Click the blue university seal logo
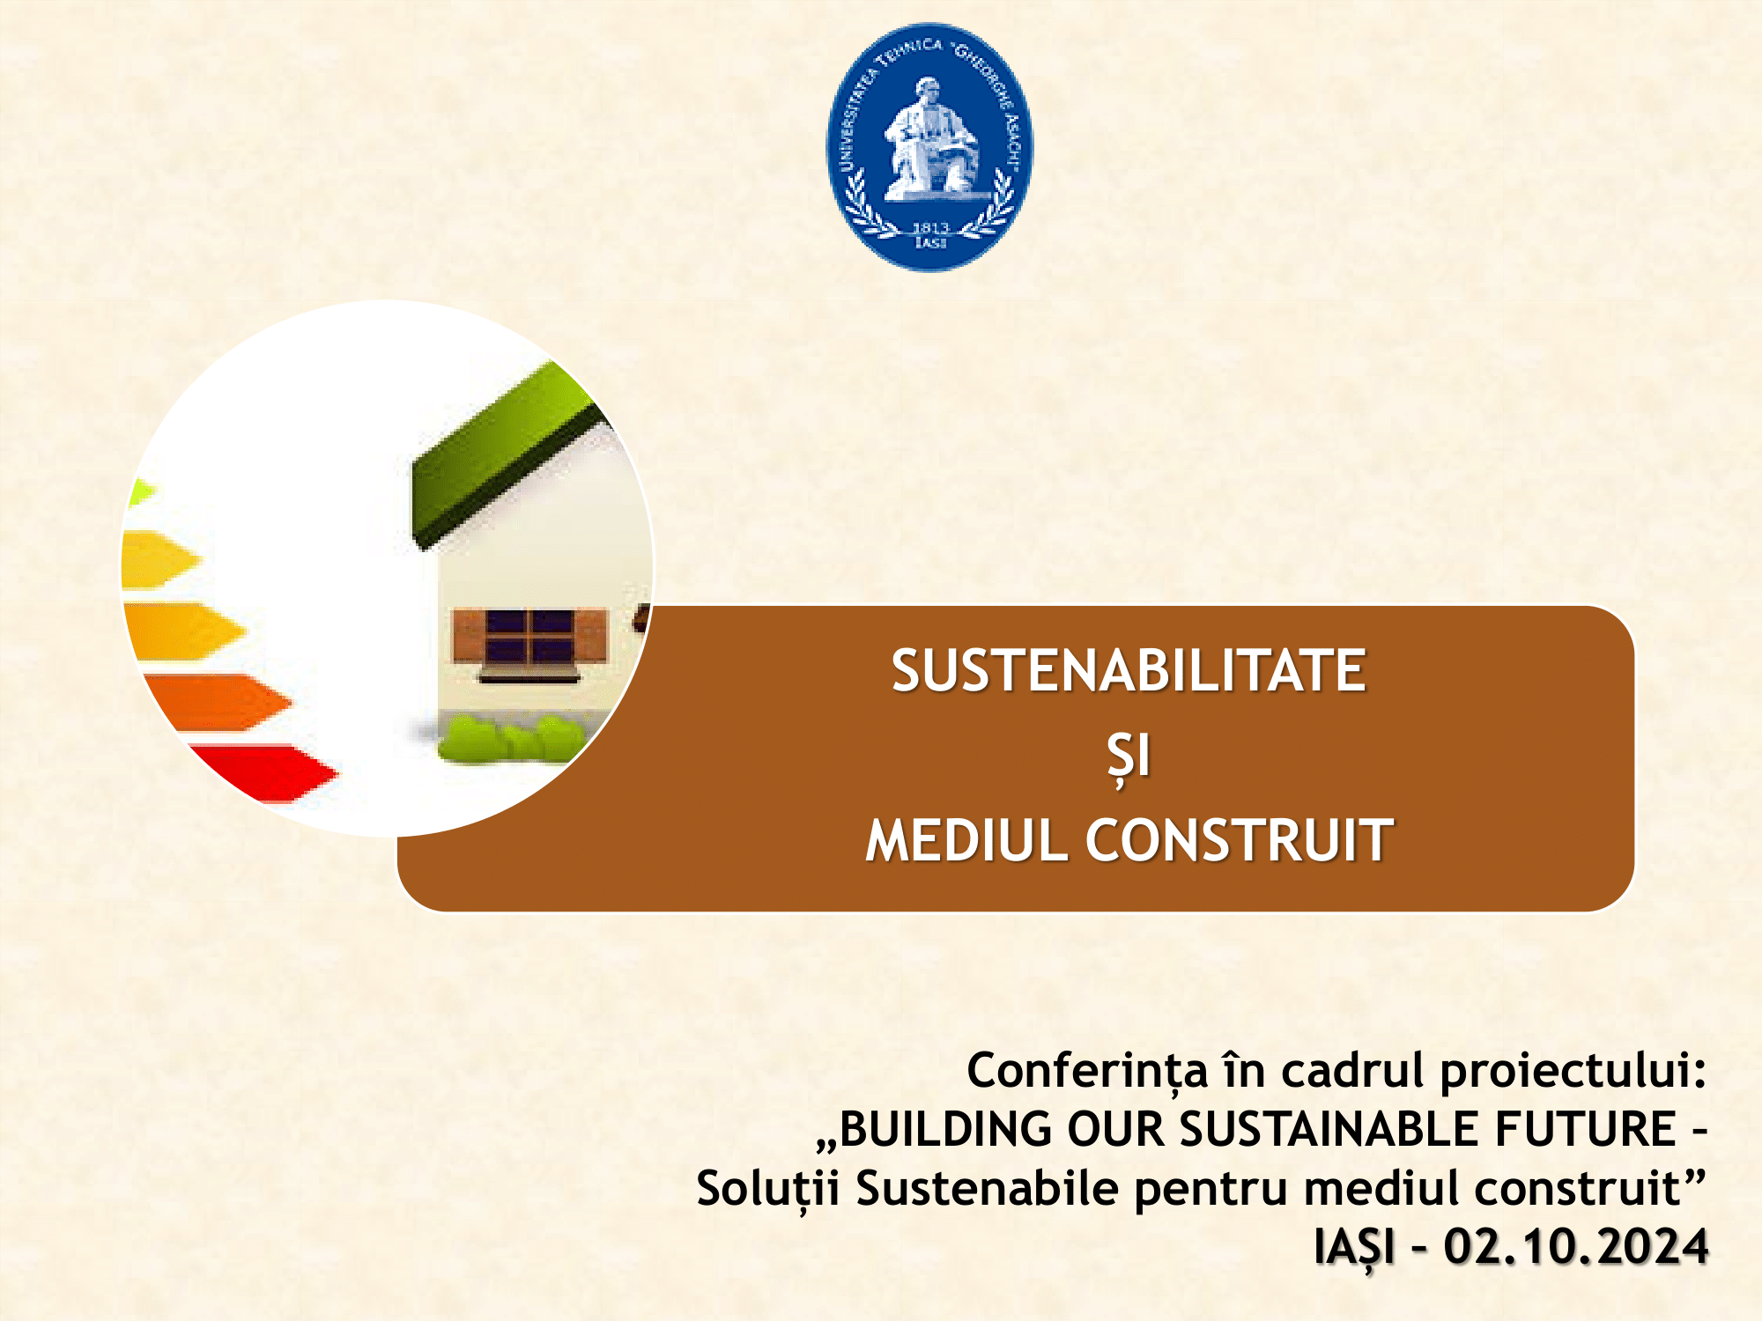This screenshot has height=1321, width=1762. tap(929, 147)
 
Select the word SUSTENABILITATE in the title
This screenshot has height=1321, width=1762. tap(1129, 671)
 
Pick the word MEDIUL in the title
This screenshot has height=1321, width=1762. tap(966, 840)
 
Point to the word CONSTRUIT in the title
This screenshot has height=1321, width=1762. tap(1240, 840)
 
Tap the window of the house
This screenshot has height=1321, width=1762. tap(529, 636)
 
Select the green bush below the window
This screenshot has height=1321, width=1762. tap(510, 738)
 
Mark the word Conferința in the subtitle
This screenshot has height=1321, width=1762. tap(1087, 1072)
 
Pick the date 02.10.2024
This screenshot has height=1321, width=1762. tap(1576, 1248)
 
